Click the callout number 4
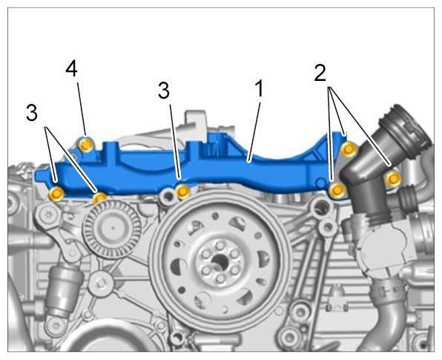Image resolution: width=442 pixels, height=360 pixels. (x=72, y=70)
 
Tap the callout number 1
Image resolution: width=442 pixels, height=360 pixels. (x=259, y=88)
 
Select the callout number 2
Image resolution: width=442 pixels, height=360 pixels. (x=320, y=73)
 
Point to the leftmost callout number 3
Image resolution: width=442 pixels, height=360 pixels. (x=32, y=113)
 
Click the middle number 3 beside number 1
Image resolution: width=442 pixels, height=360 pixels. (x=164, y=91)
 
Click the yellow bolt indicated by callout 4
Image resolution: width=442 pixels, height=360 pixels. (x=86, y=145)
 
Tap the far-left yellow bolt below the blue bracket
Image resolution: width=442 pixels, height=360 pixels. (x=56, y=194)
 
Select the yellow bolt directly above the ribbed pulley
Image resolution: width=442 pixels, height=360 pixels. (x=100, y=198)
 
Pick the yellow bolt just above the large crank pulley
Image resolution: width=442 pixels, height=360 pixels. (x=183, y=192)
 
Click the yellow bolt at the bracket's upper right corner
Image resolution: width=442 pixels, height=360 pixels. (x=349, y=148)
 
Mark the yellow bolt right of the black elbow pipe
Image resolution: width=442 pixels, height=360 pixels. (x=394, y=178)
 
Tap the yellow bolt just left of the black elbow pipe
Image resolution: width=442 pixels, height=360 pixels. (x=337, y=190)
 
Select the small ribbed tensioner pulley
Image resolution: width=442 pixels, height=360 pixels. (x=112, y=229)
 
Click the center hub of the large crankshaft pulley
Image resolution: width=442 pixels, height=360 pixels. (x=220, y=260)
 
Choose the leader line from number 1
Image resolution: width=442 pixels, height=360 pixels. (x=254, y=132)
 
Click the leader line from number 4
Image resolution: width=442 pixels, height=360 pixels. (x=82, y=108)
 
